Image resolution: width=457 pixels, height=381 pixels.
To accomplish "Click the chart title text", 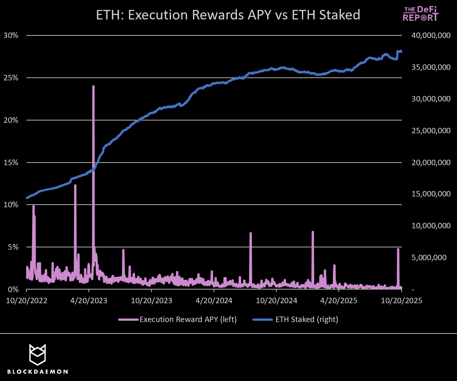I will [x=228, y=15].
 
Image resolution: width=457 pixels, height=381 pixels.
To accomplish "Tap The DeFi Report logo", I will [x=420, y=14].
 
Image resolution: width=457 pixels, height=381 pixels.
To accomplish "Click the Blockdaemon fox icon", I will [x=37, y=354].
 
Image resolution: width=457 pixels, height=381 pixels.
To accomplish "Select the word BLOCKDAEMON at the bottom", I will [x=37, y=372].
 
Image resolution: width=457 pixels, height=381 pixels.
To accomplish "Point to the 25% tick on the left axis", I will [x=11, y=78].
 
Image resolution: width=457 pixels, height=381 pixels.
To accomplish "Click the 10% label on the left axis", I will [x=11, y=205].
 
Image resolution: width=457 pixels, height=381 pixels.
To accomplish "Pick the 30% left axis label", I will [x=11, y=35].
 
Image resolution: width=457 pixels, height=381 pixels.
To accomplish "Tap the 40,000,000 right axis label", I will [x=431, y=35].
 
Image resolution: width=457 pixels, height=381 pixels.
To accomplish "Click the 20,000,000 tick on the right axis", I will [x=431, y=162].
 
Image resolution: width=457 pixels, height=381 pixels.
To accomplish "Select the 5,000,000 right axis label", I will [x=429, y=257].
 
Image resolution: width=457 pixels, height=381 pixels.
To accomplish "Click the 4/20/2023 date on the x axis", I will [x=89, y=300].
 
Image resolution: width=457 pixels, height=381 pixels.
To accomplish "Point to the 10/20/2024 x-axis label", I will [x=276, y=300].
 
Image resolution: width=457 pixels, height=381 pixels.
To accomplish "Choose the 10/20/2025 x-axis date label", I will [x=401, y=300].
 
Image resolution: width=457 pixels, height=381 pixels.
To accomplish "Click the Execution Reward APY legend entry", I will [x=178, y=319].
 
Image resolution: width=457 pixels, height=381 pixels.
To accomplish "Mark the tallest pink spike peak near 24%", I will [x=93, y=86].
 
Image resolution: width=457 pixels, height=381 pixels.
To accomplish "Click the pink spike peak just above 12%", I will [x=75, y=185].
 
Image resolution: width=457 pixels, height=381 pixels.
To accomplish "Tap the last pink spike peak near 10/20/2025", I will [x=398, y=249].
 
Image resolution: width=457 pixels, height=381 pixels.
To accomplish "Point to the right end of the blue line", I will [x=401, y=52].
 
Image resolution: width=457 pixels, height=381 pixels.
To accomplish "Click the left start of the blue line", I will [x=27, y=198].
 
